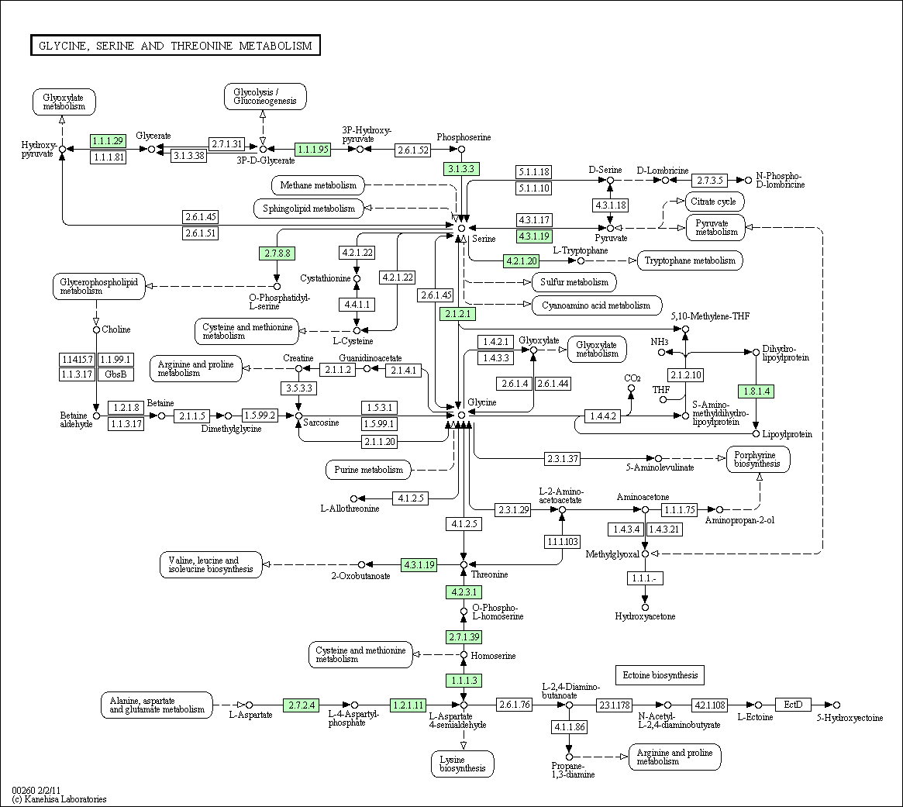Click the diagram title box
[175, 46]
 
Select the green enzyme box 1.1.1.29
[108, 140]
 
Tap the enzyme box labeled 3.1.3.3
[461, 169]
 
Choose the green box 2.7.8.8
[277, 253]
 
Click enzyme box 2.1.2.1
[458, 314]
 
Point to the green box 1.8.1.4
[757, 391]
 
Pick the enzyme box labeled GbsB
[115, 374]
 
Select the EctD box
[793, 705]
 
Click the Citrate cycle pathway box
[714, 202]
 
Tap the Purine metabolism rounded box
[369, 470]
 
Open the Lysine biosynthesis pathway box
[463, 764]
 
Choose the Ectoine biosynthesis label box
[660, 675]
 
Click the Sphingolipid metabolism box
[308, 209]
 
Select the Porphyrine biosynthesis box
[758, 459]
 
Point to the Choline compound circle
[96, 329]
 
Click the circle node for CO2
[631, 388]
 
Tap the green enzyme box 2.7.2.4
[302, 705]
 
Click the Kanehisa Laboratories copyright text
[60, 799]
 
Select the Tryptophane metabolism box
[690, 260]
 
